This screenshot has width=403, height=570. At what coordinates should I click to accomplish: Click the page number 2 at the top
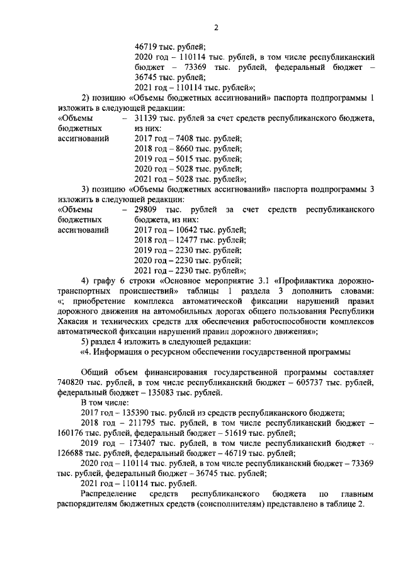(x=215, y=28)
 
